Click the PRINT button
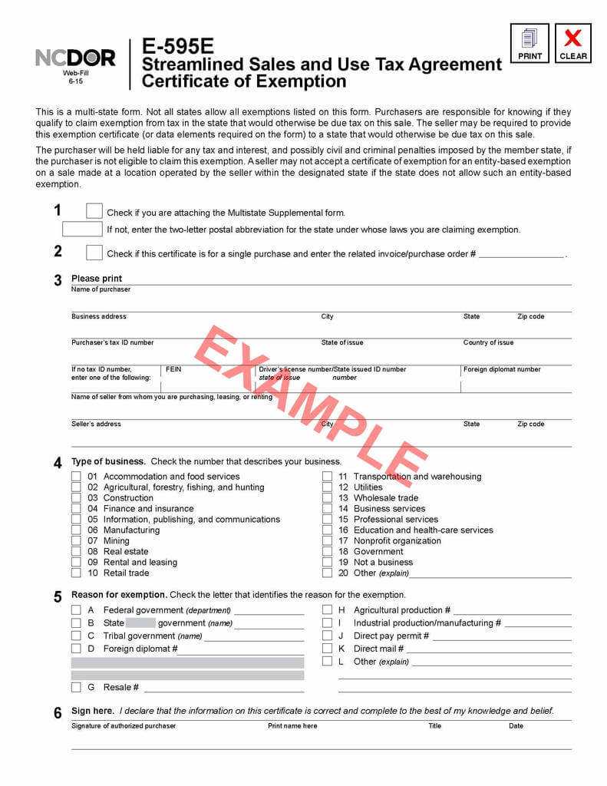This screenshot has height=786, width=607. pyautogui.click(x=529, y=43)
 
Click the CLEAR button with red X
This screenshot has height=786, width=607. pyautogui.click(x=572, y=43)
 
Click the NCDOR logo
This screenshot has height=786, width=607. pyautogui.click(x=75, y=58)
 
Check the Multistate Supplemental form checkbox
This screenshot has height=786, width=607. pyautogui.click(x=94, y=211)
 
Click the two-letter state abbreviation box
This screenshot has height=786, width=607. pyautogui.click(x=82, y=229)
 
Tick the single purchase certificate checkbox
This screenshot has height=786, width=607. pyautogui.click(x=94, y=253)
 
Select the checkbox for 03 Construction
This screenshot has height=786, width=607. pyautogui.click(x=76, y=497)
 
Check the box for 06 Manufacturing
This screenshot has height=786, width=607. pyautogui.click(x=76, y=530)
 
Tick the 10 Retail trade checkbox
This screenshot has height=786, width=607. pyautogui.click(x=76, y=573)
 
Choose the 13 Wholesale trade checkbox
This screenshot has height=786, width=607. pyautogui.click(x=327, y=497)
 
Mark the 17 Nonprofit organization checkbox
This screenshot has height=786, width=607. pyautogui.click(x=327, y=540)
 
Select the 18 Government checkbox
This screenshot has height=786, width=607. pyautogui.click(x=327, y=551)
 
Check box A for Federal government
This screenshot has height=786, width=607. pyautogui.click(x=76, y=610)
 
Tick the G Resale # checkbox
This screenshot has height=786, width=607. pyautogui.click(x=76, y=687)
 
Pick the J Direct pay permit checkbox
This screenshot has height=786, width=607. pyautogui.click(x=327, y=636)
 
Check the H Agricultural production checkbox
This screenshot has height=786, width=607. pyautogui.click(x=327, y=610)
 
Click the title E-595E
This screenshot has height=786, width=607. pyautogui.click(x=178, y=48)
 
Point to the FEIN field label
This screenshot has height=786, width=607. pyautogui.click(x=173, y=369)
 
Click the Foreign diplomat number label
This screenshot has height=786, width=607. pyautogui.click(x=502, y=369)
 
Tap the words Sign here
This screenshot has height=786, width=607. pyautogui.click(x=92, y=711)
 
